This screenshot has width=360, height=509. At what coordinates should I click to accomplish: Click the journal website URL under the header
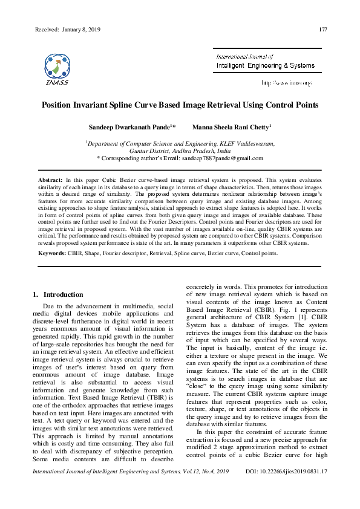pyautogui.click(x=286, y=82)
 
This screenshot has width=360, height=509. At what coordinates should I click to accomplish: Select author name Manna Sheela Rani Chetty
pyautogui.click(x=231, y=128)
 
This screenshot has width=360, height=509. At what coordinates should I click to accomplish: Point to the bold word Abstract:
pyautogui.click(x=50, y=181)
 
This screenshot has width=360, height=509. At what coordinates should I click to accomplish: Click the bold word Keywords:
pyautogui.click(x=53, y=253)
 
